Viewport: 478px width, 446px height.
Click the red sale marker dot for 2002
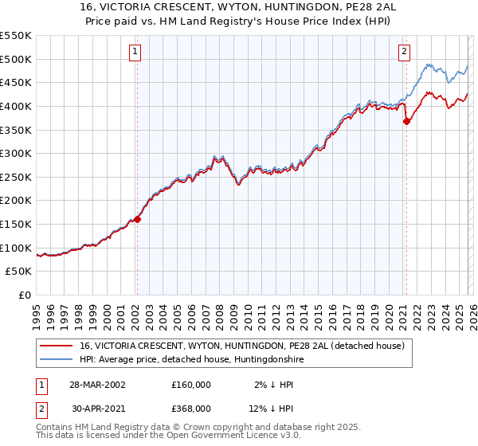click(x=137, y=219)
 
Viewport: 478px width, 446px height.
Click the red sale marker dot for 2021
click(x=406, y=121)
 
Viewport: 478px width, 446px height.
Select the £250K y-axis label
click(x=16, y=177)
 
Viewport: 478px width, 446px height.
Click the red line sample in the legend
click(x=57, y=346)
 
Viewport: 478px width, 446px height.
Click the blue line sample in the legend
click(x=57, y=360)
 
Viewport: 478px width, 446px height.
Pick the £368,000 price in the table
click(x=191, y=408)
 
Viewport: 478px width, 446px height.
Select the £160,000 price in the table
click(x=191, y=384)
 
